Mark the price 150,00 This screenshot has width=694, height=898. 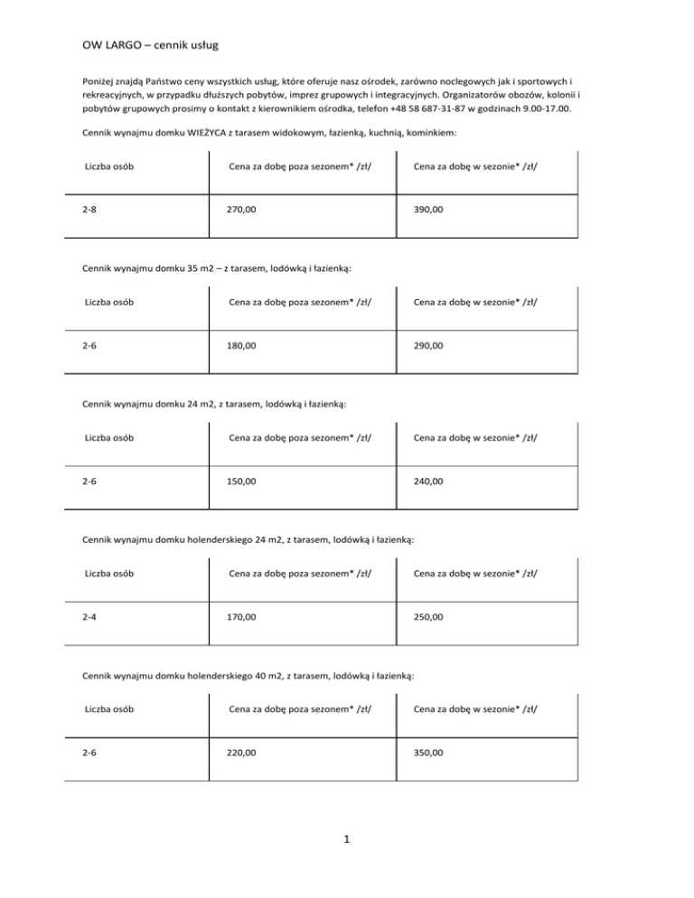click(241, 482)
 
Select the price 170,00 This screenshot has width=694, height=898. click(241, 617)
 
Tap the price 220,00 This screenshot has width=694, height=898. click(241, 752)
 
